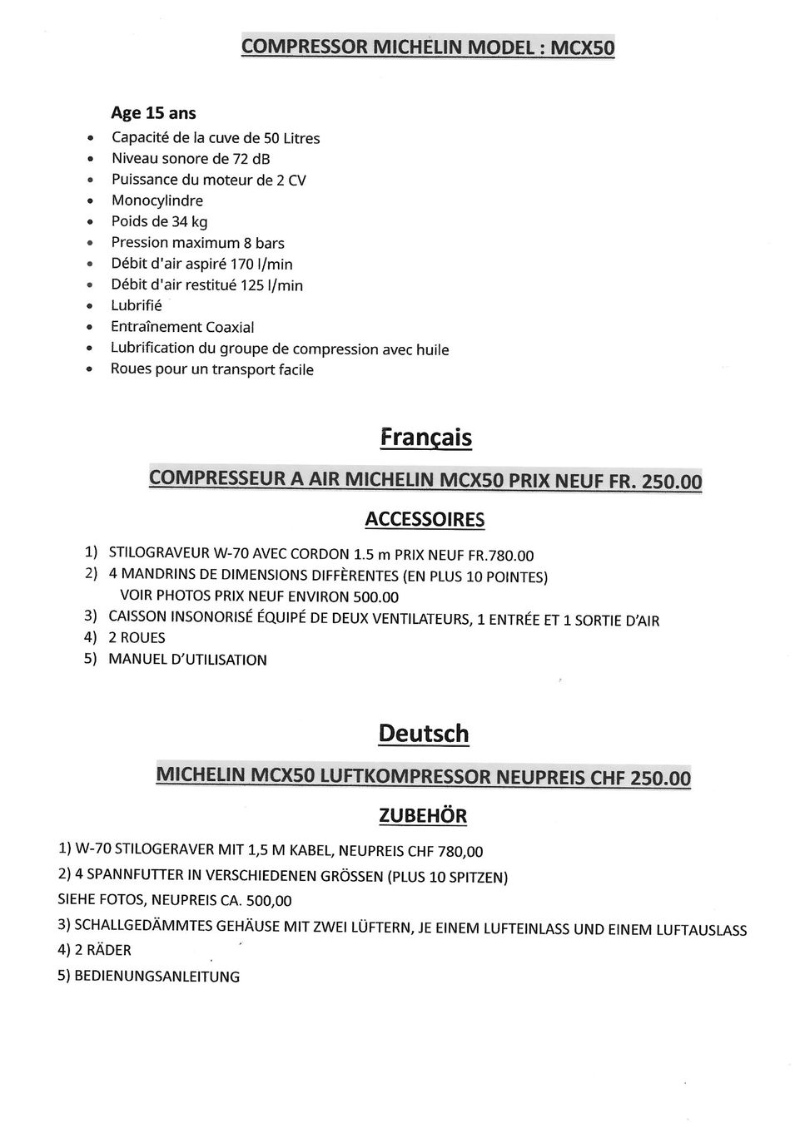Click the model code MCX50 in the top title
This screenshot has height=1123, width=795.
[x=583, y=47]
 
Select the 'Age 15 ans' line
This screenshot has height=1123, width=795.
[x=154, y=113]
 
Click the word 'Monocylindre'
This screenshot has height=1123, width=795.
[x=157, y=200]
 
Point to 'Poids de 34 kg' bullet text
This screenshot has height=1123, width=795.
[x=160, y=221]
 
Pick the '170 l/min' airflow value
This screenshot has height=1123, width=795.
[x=261, y=265]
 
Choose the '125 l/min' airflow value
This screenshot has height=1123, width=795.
[x=271, y=285]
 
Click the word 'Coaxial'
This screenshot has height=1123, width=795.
[x=230, y=327]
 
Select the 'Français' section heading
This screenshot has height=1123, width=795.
[x=425, y=438]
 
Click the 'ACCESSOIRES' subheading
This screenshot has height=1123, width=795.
[x=425, y=520]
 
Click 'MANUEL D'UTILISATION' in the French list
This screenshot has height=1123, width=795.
[x=188, y=660]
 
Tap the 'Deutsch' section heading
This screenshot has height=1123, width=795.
[x=423, y=734]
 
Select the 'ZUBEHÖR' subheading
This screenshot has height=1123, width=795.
[x=423, y=816]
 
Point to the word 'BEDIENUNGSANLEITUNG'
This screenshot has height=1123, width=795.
[x=157, y=976]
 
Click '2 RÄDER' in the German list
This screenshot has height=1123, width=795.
[x=102, y=950]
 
